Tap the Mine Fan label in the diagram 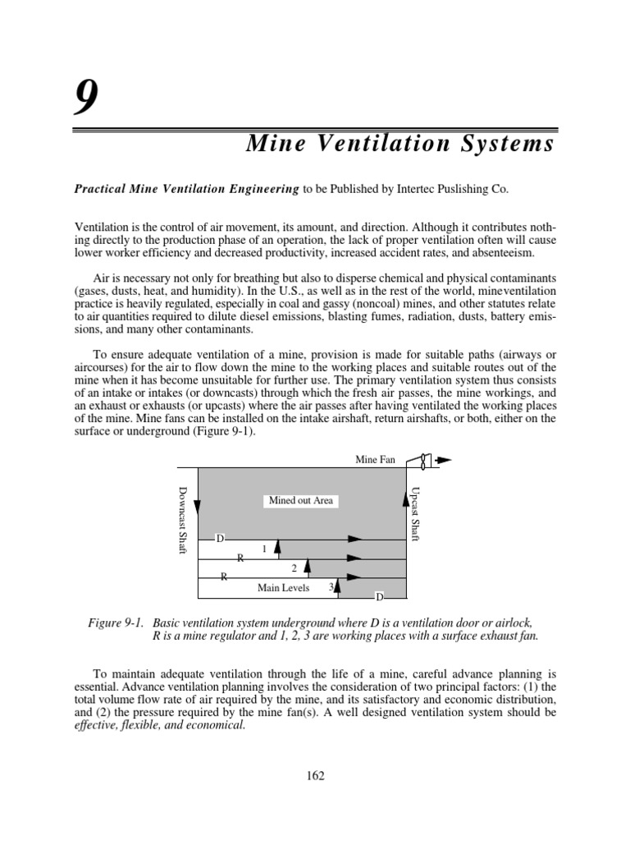click(376, 460)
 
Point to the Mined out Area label click(301, 500)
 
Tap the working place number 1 click(264, 548)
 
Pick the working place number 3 click(331, 587)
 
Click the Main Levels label click(283, 588)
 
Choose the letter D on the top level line click(220, 539)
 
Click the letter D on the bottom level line click(380, 596)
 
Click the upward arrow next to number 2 click(308, 567)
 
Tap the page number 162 click(314, 775)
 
